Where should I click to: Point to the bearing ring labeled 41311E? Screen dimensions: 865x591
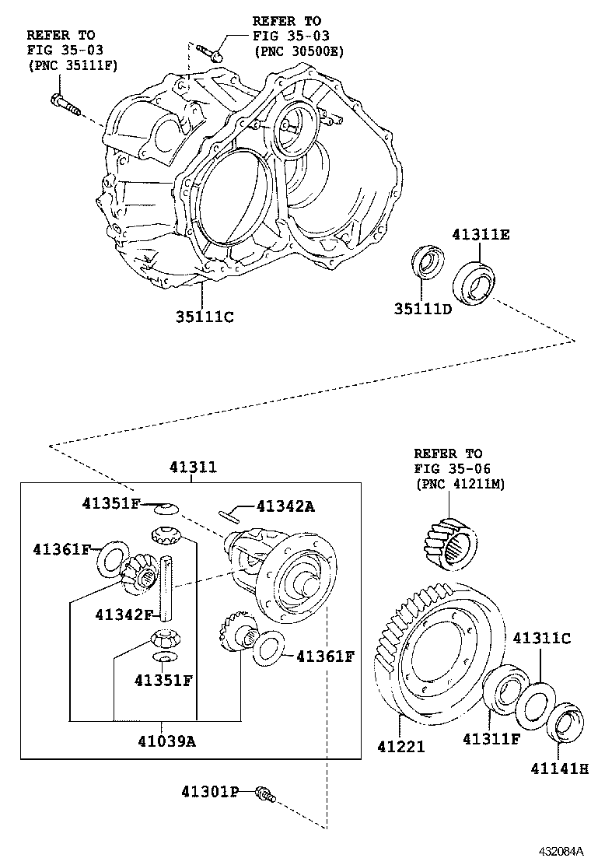tap(474, 282)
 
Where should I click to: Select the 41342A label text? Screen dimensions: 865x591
tap(285, 506)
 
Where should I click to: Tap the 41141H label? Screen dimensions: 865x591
tap(560, 769)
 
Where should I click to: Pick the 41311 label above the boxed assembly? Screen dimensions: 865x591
tap(193, 468)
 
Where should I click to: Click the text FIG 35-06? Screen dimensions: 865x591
tap(448, 469)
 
